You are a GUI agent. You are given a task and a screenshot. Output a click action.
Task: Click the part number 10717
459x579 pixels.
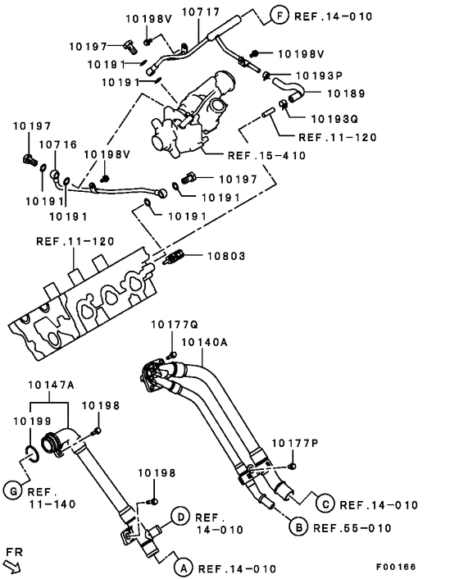tap(200, 13)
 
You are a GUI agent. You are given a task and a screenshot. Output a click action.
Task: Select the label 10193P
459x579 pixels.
tap(318, 75)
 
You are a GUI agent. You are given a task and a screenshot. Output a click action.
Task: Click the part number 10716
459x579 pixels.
tap(58, 144)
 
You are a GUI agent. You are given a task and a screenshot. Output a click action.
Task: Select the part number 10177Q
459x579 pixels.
tap(170, 326)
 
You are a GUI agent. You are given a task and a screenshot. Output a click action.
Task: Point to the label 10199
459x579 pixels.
tap(32, 420)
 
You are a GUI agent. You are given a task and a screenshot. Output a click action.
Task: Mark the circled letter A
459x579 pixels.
tap(184, 567)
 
